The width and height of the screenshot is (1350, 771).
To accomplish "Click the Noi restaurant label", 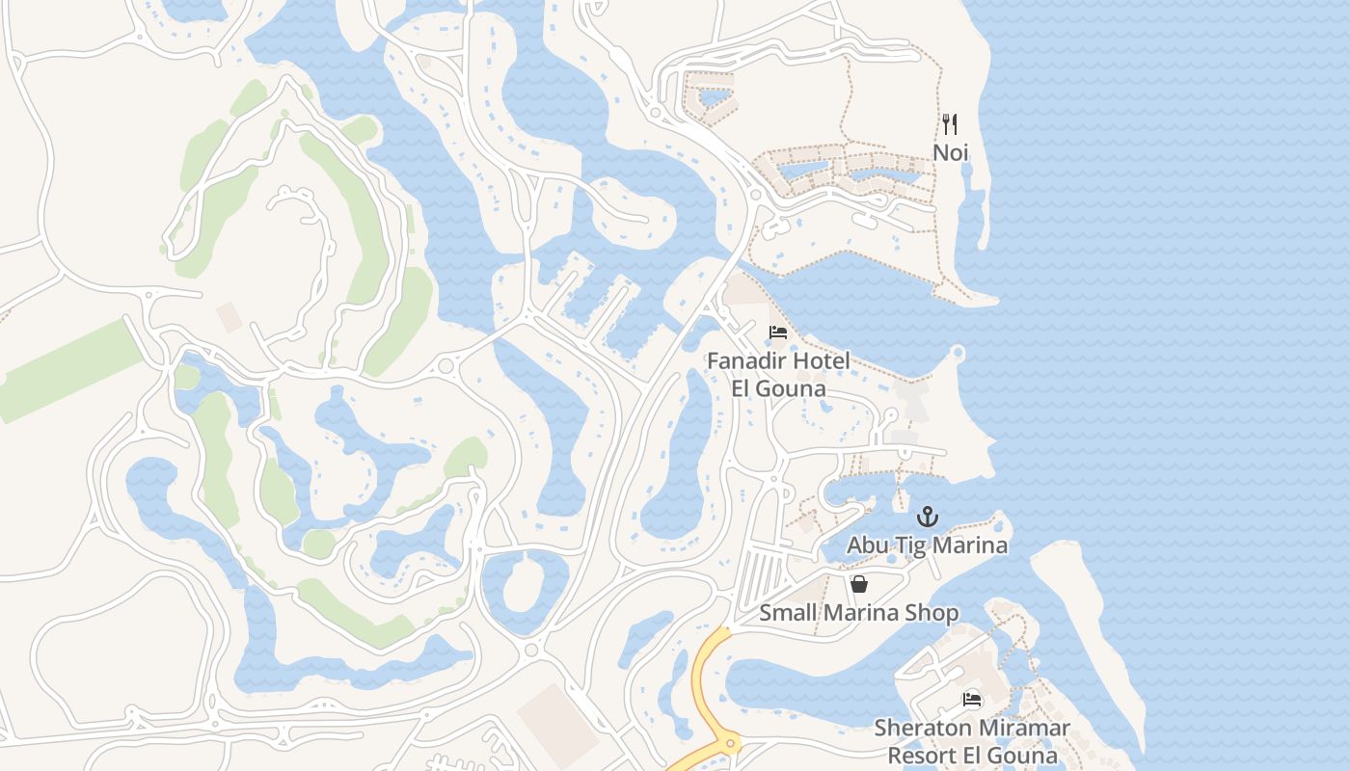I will point(950,152).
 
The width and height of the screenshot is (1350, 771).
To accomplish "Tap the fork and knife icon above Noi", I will point(950,124).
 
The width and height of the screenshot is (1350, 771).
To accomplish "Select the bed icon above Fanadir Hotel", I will point(778,333).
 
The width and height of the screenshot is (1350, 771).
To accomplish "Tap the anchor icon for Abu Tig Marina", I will point(927,517).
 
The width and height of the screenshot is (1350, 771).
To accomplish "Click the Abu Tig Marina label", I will point(927,545).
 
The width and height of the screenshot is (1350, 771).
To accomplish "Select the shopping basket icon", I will point(858,584).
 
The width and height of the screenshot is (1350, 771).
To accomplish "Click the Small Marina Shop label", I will point(858,613).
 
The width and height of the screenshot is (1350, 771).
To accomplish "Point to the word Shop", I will point(934,613).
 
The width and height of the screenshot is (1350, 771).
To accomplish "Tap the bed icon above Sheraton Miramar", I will point(972,699).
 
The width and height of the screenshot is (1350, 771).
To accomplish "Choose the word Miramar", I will point(1023,728).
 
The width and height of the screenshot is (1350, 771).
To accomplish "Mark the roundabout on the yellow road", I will point(728,742).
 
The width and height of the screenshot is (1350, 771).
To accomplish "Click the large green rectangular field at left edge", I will point(67,371).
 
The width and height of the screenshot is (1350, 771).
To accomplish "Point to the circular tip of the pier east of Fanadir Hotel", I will point(958,353).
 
